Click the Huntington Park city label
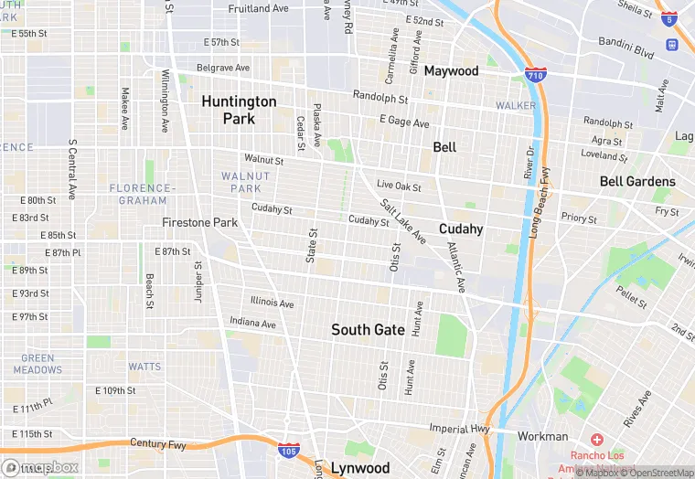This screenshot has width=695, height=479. pyautogui.click(x=239, y=110)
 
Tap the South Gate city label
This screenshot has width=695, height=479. pyautogui.click(x=368, y=329)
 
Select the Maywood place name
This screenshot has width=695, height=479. pyautogui.click(x=451, y=70)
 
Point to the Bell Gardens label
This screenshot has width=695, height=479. pyautogui.click(x=637, y=181)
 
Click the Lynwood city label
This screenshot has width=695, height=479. pyautogui.click(x=359, y=468)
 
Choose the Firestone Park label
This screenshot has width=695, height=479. pyautogui.click(x=199, y=222)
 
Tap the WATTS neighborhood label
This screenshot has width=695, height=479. pyautogui.click(x=144, y=367)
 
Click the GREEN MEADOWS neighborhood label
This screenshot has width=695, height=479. pyautogui.click(x=37, y=364)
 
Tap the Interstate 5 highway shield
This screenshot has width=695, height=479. pyautogui.click(x=671, y=18)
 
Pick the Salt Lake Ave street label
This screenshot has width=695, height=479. pyautogui.click(x=402, y=221)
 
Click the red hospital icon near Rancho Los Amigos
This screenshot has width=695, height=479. pyautogui.click(x=597, y=440)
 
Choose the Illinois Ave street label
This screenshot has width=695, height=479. pyautogui.click(x=273, y=303)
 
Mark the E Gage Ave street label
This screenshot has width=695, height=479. pyautogui.click(x=404, y=122)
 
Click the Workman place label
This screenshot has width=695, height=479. pyautogui.click(x=543, y=436)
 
